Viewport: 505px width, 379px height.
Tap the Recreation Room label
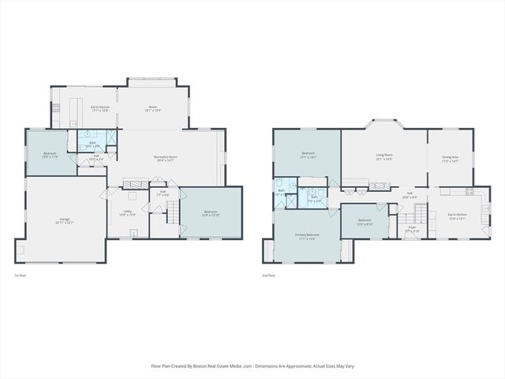(164, 159)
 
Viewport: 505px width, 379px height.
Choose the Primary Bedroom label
(308, 236)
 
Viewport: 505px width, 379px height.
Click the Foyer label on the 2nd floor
(411, 229)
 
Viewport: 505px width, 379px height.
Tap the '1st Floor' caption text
(22, 276)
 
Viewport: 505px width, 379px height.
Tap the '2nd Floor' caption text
(270, 276)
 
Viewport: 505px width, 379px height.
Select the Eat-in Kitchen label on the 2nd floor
(458, 216)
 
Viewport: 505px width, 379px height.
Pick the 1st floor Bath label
(92, 144)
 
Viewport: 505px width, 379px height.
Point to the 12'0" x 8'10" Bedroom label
(364, 222)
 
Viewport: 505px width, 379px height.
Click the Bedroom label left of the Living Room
(308, 155)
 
